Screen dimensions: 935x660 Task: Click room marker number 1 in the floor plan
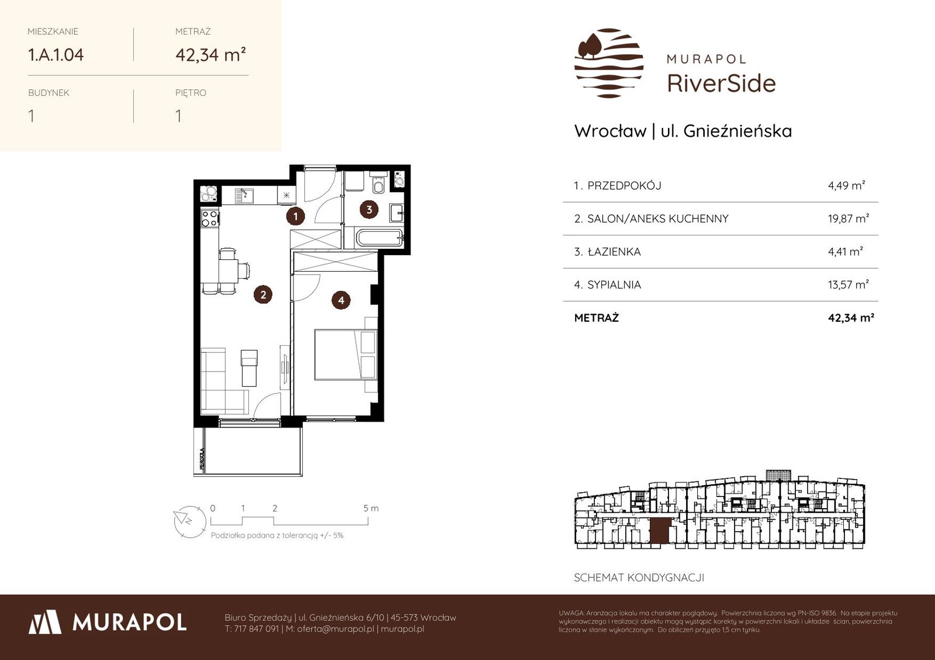[x=296, y=216]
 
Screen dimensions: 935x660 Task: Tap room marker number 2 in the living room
[x=263, y=294]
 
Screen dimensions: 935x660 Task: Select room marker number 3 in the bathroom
[x=369, y=210]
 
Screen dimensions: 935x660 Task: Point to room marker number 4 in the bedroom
[x=341, y=300]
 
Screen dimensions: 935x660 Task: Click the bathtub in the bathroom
[x=379, y=238]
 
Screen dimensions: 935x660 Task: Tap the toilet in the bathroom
[x=378, y=183]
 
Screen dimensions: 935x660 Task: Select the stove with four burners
[x=210, y=218]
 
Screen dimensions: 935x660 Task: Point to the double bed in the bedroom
[x=346, y=355]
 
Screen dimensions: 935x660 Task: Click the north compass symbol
[x=189, y=522]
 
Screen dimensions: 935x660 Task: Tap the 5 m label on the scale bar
[x=370, y=508]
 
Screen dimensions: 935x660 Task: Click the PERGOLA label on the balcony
[x=202, y=459]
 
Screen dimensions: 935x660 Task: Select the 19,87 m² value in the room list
[x=849, y=218]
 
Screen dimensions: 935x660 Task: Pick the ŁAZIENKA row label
[x=614, y=252]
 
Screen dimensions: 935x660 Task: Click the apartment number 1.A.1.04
[x=56, y=55]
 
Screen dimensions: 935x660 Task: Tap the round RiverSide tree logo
[x=608, y=63]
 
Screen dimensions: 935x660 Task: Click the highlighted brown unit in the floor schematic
[x=660, y=532]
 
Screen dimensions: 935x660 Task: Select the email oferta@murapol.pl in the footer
[x=335, y=629]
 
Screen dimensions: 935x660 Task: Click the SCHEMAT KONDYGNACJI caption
[x=639, y=578]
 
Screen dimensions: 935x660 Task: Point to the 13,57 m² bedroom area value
[x=849, y=284]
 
